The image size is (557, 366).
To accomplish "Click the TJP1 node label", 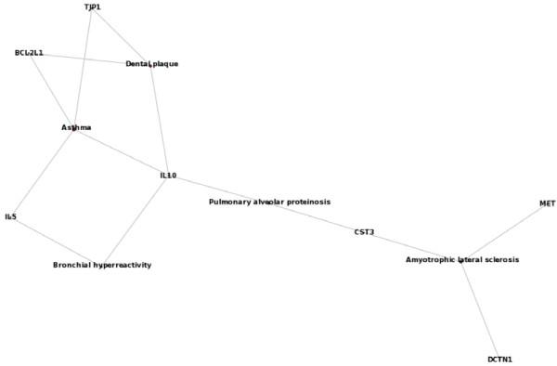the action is tap(92, 7).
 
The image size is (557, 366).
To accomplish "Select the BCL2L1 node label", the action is tap(29, 53).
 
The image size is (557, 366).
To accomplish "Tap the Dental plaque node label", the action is tap(151, 64).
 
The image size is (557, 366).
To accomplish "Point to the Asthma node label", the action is tap(76, 127).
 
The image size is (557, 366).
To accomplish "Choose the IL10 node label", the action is tap(168, 176).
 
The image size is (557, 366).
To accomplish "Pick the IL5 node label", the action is tap(11, 216).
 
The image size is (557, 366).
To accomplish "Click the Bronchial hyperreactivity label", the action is tap(102, 265).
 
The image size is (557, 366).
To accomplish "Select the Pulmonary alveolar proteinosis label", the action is tap(269, 202).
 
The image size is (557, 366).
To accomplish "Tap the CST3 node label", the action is tap(364, 231).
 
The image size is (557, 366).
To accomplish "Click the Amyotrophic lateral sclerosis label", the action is tap(462, 260).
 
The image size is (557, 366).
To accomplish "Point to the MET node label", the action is tap(547, 203).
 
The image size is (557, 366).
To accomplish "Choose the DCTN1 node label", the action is tap(499, 359).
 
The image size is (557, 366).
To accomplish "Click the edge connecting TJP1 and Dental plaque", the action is tap(122, 35).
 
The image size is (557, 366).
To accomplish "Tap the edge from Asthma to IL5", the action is tap(44, 172).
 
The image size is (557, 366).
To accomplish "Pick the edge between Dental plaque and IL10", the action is tap(160, 120).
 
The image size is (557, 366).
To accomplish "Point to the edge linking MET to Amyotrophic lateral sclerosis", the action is tap(504, 232).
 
